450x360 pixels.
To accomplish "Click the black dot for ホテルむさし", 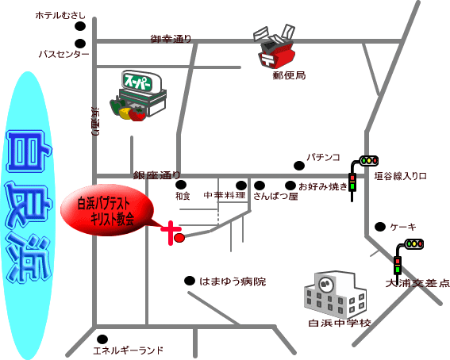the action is coord(80,26).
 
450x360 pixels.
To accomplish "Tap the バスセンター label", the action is coord(63,54).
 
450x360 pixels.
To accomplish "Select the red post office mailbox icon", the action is coord(277,54).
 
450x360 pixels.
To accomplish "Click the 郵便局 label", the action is coord(289,75).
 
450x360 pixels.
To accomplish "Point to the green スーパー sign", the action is coord(140,82).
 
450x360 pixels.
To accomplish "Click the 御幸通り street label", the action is coord(171,39).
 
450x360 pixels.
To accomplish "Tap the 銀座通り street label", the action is coord(156,175).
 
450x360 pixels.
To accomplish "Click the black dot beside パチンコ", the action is coord(299,166).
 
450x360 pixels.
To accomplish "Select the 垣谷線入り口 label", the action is coord(400,176).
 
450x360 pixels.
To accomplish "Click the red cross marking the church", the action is coord(171,233).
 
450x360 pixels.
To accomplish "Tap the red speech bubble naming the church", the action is coord(106,210).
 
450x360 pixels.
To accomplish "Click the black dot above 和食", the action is coord(181,185).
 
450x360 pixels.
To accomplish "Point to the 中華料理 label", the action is coord(225,196).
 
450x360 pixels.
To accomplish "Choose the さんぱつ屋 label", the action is coord(275,196).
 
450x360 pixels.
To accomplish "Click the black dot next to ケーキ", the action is coord(380,227).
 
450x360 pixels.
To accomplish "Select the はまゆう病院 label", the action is coord(233,281).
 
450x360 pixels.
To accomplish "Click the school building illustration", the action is coord(335,293).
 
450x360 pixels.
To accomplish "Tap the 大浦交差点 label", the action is coord(417,283).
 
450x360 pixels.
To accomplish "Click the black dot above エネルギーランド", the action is coord(102,339).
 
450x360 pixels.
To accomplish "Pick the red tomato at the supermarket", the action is coord(137,114).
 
